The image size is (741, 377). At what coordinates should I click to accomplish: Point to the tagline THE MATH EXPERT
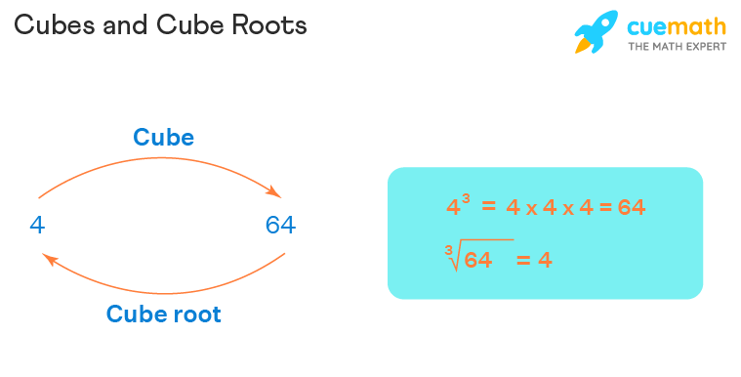(x=677, y=47)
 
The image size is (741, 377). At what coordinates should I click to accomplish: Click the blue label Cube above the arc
(x=164, y=137)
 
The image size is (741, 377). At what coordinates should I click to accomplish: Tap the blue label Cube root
(x=164, y=314)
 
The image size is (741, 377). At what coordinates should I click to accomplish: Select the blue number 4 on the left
(x=37, y=226)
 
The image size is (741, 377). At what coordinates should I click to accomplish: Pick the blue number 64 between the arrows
(x=280, y=226)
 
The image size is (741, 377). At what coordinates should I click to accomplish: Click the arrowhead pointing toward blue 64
(x=276, y=192)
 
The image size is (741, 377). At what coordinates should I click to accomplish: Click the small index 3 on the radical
(x=449, y=250)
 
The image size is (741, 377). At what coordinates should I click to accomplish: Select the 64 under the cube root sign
(x=477, y=261)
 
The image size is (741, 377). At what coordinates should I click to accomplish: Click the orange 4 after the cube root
(x=545, y=261)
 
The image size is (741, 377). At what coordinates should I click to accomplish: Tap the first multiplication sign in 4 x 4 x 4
(x=530, y=209)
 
